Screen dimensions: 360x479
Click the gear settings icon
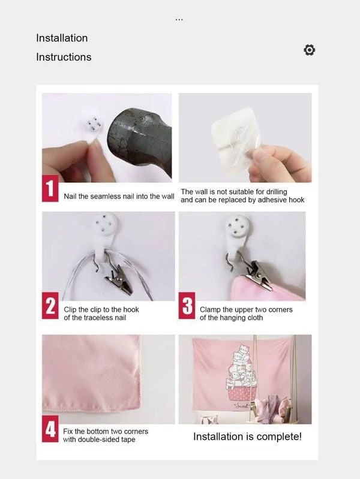click(x=309, y=50)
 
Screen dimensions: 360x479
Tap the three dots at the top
click(x=179, y=20)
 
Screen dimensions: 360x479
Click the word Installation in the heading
click(x=62, y=38)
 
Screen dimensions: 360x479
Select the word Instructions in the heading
click(x=64, y=57)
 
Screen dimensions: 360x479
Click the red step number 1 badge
click(x=50, y=188)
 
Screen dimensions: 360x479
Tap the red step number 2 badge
click(x=50, y=306)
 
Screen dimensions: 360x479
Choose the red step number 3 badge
click(x=187, y=306)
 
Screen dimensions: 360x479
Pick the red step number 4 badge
click(x=50, y=429)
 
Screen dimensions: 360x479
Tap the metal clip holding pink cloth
click(x=259, y=274)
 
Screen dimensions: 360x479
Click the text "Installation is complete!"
click(x=247, y=436)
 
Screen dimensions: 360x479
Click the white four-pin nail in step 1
click(x=93, y=126)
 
